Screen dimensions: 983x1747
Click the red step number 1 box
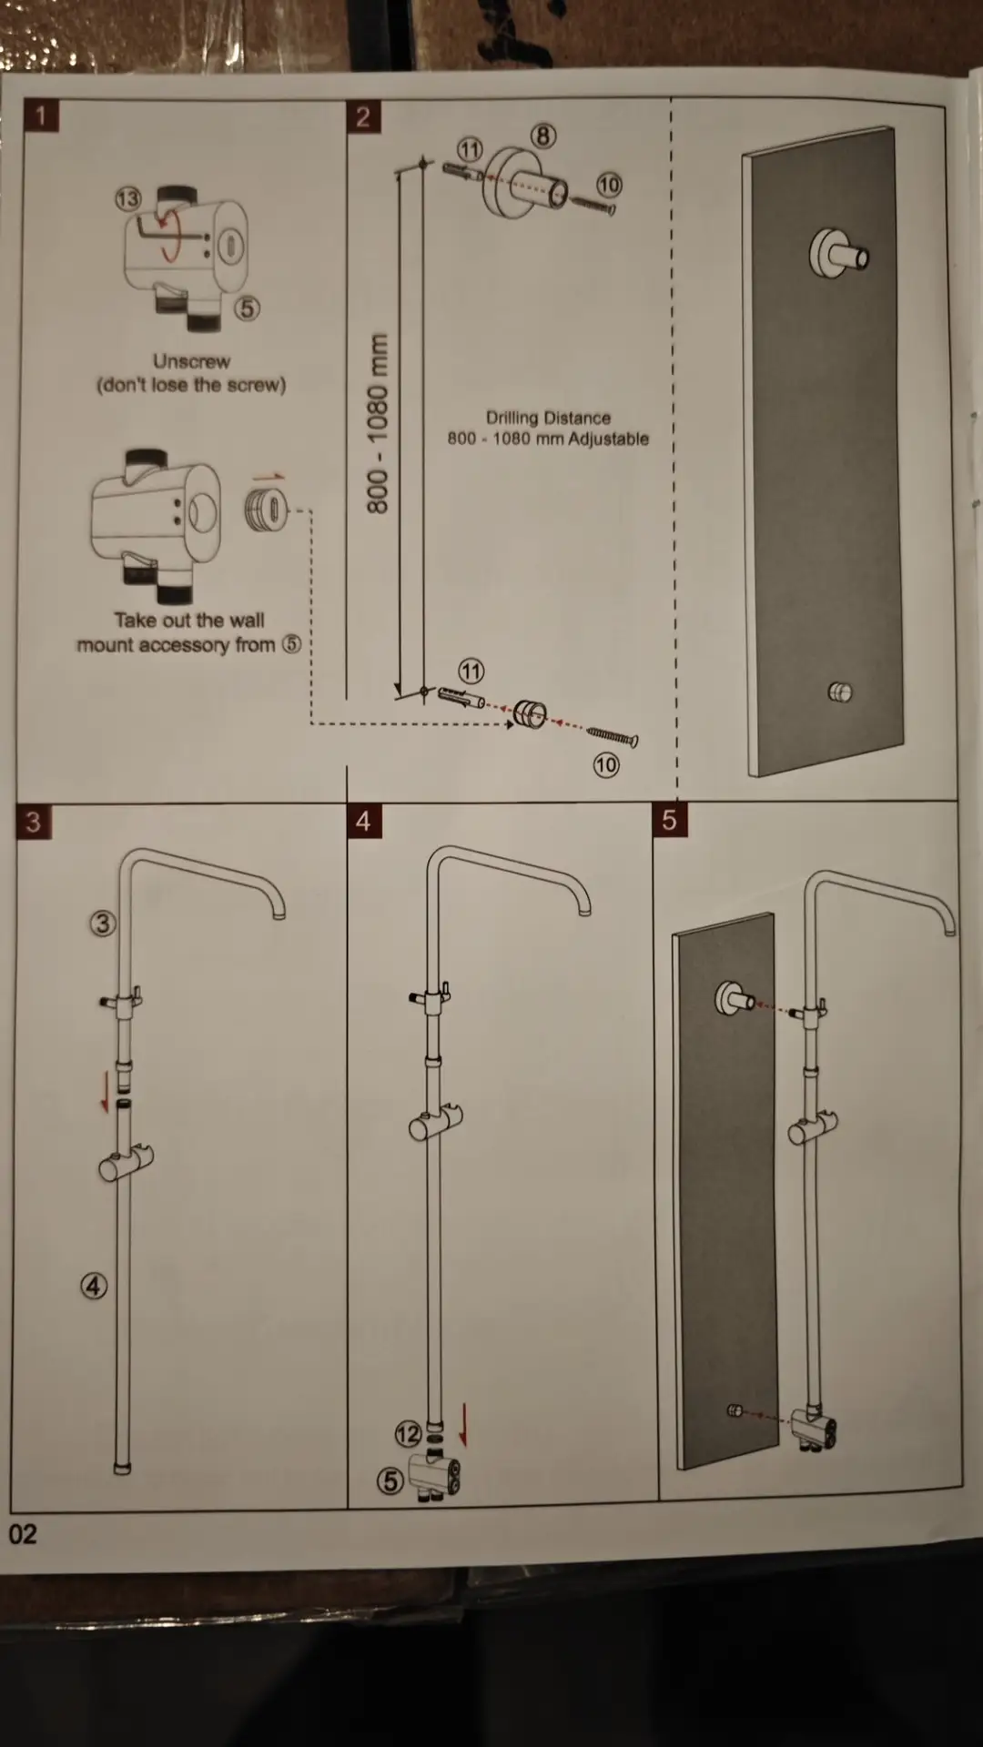41,116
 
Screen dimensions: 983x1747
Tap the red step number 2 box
363,116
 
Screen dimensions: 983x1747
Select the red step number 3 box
34,822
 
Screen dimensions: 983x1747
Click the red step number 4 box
364,821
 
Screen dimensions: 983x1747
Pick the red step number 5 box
670,820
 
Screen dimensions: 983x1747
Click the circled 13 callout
128,198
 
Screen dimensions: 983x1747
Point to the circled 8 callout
543,136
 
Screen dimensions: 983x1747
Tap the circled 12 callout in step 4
408,1435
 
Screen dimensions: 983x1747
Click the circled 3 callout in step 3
103,924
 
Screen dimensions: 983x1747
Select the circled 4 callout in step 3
94,1286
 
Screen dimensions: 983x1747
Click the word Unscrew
191,361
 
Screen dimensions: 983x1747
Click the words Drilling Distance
548,418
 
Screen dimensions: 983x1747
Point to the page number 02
23,1534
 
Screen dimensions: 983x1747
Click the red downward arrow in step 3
106,1092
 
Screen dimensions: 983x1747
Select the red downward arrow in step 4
463,1425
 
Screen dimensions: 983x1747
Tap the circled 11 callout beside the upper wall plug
470,148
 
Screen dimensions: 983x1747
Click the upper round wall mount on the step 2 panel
838,254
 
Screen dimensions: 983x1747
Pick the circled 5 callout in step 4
390,1480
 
